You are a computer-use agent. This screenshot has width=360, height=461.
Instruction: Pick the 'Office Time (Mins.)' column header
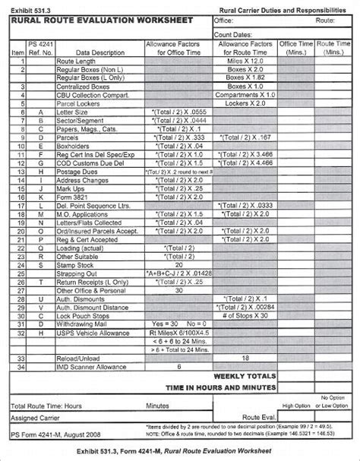click(x=297, y=49)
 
